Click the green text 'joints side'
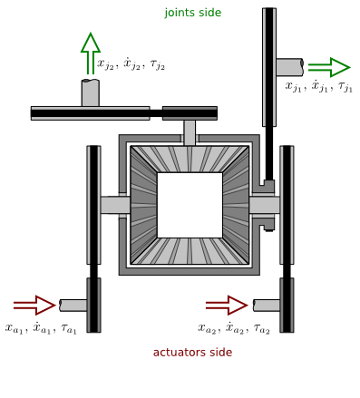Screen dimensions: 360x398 (x=192, y=13)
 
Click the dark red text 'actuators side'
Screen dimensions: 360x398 (x=192, y=352)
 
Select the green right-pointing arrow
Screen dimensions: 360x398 (x=328, y=67)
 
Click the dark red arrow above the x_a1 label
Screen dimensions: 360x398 (x=34, y=304)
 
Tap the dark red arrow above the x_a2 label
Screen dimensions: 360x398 (x=227, y=304)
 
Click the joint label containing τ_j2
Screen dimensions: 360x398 (x=131, y=63)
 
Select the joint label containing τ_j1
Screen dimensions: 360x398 (x=318, y=88)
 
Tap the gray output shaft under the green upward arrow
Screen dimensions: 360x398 (x=90, y=92)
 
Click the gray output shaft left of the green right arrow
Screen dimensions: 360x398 (x=289, y=67)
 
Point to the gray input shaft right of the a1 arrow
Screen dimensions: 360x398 (x=73, y=305)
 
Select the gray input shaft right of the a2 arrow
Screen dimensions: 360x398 (x=267, y=305)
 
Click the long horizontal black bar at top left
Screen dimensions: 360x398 (x=90, y=112)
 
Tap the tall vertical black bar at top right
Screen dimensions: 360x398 (x=269, y=91)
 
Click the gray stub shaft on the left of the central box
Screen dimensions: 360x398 (x=115, y=205)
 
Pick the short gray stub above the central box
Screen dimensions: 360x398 (x=190, y=132)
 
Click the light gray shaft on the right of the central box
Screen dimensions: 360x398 (x=265, y=205)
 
